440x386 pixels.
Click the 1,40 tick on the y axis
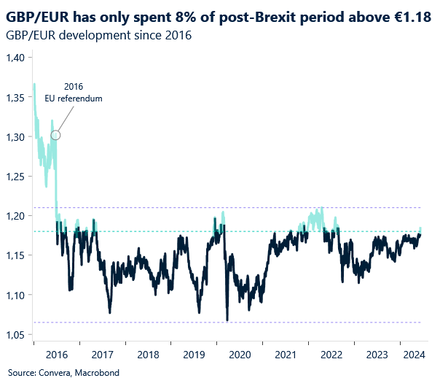15,58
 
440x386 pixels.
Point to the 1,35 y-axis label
15,97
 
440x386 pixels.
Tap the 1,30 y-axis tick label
15,137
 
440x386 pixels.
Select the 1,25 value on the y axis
15,177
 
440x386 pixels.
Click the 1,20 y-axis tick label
15,216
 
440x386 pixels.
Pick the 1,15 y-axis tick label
15,255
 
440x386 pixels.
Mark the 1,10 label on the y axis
15,296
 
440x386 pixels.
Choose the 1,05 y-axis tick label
15,335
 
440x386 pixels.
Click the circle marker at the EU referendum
55,134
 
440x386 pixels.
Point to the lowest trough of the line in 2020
227,320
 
